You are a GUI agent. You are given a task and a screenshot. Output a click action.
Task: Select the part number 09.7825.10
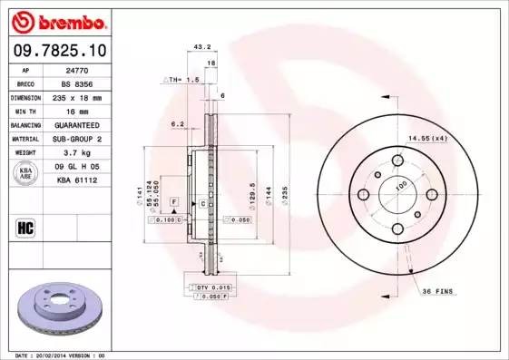(x=60, y=51)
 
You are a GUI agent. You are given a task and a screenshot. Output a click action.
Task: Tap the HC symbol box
(x=25, y=228)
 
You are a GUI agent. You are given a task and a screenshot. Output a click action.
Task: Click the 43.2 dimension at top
(x=202, y=46)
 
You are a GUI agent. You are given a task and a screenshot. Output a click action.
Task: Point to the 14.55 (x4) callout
(x=427, y=137)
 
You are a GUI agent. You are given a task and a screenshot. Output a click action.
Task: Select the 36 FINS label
(x=438, y=290)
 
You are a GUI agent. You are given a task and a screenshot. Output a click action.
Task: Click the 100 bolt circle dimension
(x=402, y=186)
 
